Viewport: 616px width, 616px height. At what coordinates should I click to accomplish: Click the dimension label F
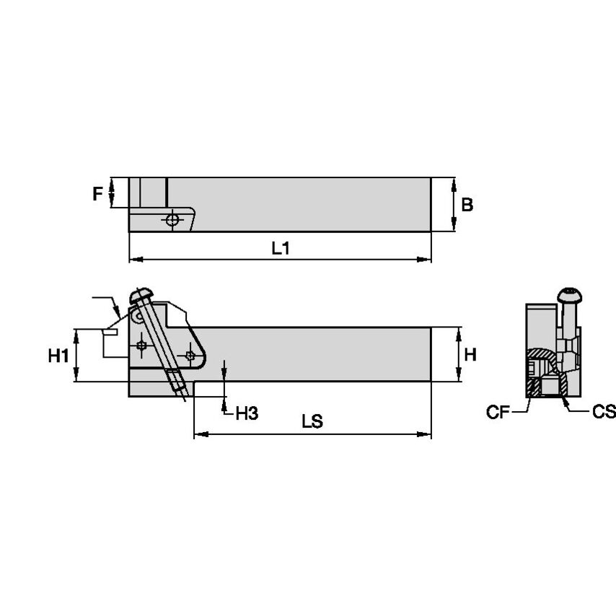[x=97, y=193]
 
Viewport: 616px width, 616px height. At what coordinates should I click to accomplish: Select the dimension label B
[x=467, y=205]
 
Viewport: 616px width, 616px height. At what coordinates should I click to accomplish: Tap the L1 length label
[x=281, y=248]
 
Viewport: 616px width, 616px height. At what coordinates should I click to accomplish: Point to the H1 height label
[x=58, y=355]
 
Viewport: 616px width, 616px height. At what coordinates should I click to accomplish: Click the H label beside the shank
[x=470, y=354]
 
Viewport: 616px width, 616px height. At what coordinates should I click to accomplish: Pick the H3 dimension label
[x=247, y=413]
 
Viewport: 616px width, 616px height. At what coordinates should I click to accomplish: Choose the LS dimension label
[x=312, y=423]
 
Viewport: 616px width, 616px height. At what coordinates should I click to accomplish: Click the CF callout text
[x=498, y=412]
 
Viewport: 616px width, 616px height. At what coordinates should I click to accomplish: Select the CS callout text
[x=604, y=412]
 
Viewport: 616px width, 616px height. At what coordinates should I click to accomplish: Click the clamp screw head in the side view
[x=141, y=295]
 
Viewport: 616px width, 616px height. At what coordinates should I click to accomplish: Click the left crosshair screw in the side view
[x=142, y=347]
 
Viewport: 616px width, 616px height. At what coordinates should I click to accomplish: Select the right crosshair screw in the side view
[x=190, y=355]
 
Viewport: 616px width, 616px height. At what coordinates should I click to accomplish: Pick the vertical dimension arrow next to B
[x=454, y=205]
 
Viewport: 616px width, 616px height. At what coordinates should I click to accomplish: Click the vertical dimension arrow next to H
[x=459, y=354]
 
